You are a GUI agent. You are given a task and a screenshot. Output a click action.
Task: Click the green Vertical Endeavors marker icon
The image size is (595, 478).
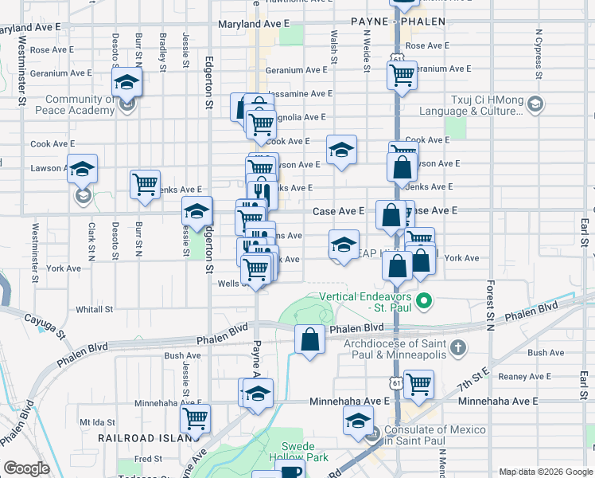click(424, 301)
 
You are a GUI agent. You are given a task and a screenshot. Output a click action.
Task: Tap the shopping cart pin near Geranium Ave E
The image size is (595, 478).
click(402, 76)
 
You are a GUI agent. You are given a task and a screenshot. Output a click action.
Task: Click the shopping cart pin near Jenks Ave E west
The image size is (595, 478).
click(145, 184)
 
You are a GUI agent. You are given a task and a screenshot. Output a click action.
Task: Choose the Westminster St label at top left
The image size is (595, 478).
click(21, 76)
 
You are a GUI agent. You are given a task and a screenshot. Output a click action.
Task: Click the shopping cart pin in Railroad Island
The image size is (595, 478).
click(195, 417)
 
